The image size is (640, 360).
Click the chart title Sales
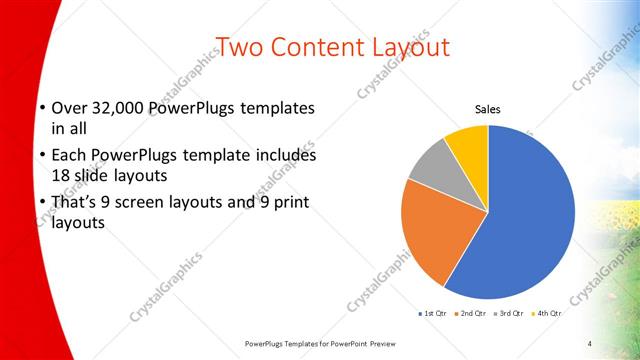point(487,110)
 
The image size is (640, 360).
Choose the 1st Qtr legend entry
point(433,314)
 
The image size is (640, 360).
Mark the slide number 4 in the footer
point(590,343)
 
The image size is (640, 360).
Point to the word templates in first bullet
point(274,108)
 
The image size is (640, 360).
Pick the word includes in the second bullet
point(286,157)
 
